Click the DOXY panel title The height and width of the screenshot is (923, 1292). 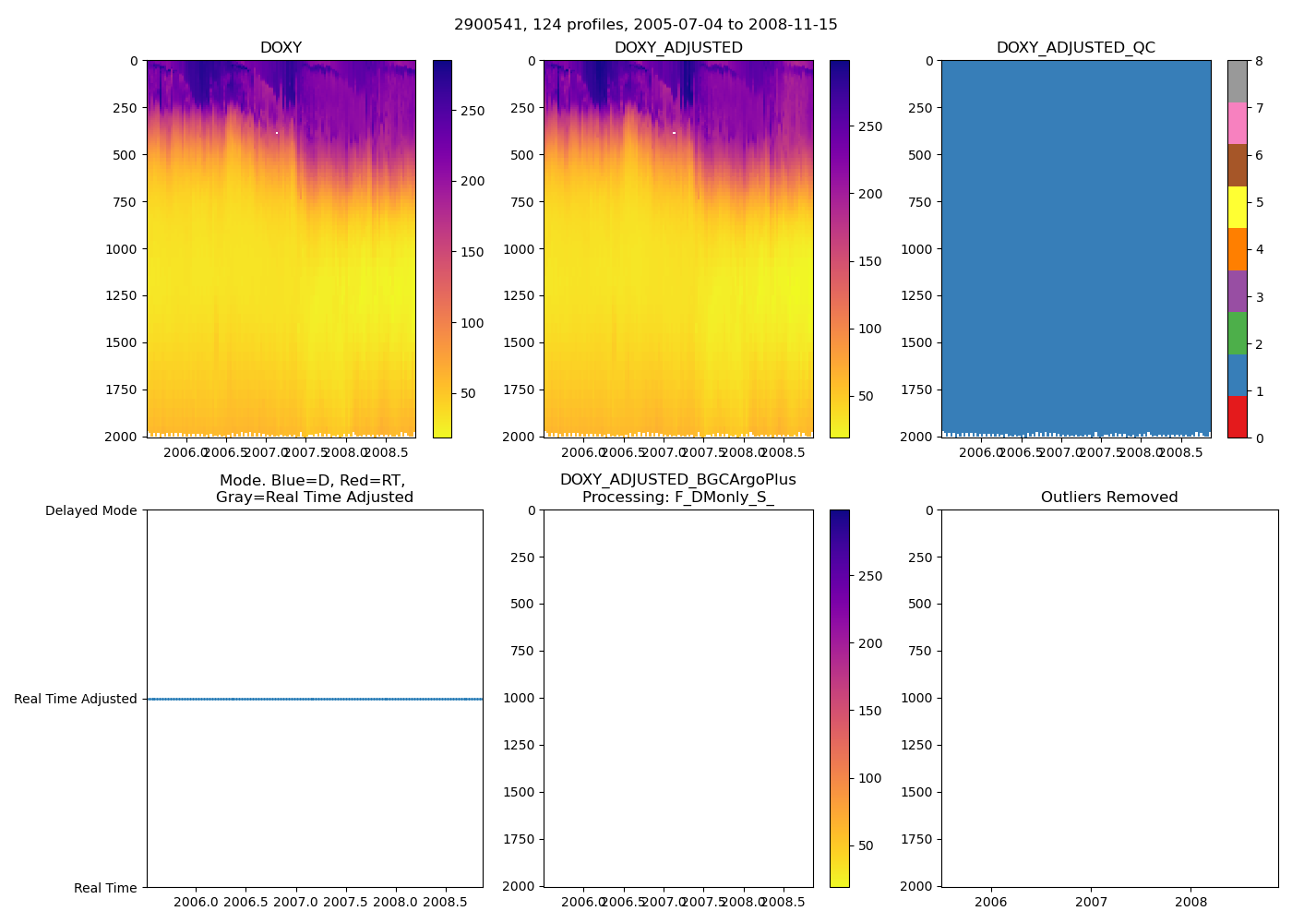281,48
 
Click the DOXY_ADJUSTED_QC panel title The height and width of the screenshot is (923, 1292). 1075,48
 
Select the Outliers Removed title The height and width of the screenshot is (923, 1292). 1109,497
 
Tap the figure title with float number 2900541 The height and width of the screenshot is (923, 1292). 645,25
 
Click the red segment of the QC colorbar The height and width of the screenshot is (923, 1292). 1237,416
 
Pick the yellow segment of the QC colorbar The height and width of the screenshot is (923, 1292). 1237,207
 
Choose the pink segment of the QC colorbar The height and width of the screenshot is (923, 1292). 1237,123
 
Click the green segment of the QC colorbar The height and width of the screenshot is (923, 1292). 1237,332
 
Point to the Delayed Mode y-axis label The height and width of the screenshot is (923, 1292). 90,510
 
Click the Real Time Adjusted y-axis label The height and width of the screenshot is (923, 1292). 76,699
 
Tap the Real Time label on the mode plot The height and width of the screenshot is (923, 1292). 105,888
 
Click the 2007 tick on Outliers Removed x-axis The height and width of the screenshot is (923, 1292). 1091,902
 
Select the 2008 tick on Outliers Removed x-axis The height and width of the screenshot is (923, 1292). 1190,902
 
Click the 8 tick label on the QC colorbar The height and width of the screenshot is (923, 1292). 1259,61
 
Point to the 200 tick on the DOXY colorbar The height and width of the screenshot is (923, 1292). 473,181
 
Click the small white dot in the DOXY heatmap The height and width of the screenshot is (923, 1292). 276,133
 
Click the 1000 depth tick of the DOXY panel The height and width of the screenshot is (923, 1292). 121,248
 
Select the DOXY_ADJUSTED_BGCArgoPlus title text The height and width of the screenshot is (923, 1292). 677,480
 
